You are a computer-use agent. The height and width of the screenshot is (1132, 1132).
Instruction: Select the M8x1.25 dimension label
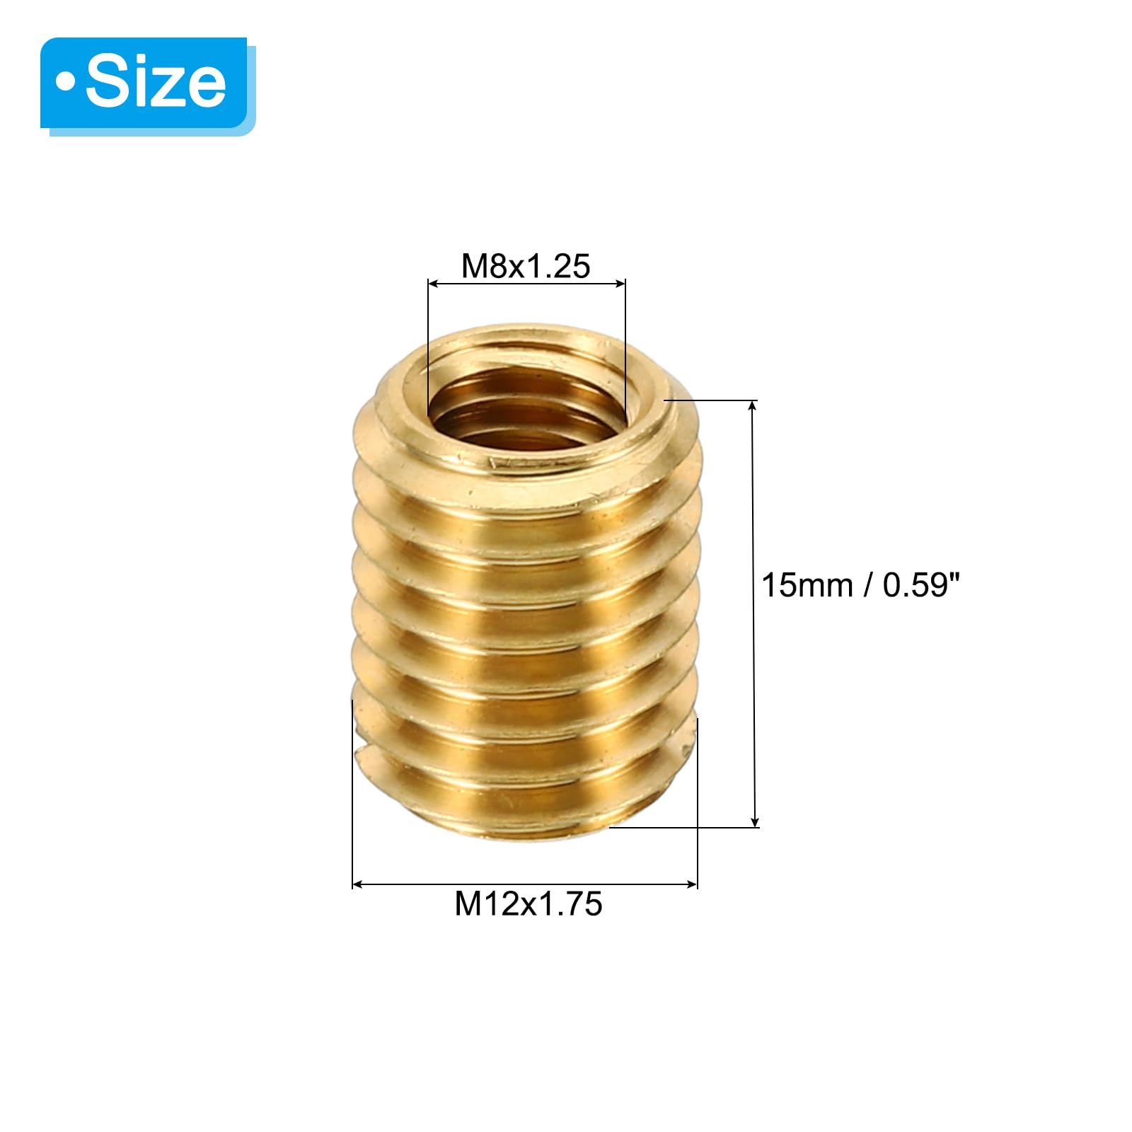[526, 266]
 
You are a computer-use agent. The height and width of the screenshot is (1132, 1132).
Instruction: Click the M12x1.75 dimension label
[529, 903]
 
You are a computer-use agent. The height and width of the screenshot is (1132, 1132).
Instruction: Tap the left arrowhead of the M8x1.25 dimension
[434, 284]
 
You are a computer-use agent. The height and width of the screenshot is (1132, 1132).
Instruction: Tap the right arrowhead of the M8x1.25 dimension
[620, 284]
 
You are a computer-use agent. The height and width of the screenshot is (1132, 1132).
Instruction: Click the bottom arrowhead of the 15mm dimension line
[755, 821]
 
